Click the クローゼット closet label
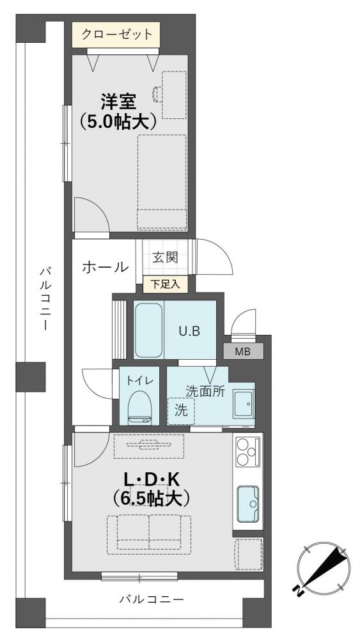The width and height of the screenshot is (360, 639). click(x=116, y=35)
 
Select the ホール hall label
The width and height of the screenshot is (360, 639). click(x=106, y=267)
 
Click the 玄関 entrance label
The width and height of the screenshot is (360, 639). click(x=166, y=257)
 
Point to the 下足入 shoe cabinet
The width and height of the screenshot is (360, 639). click(x=165, y=284)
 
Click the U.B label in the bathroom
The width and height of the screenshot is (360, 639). click(x=189, y=331)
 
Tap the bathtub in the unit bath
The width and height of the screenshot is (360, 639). click(x=149, y=330)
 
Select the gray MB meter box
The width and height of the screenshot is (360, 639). click(x=244, y=351)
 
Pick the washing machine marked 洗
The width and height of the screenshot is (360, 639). click(x=181, y=411)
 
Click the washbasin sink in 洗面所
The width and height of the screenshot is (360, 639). click(x=244, y=403)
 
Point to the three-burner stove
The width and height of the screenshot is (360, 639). click(x=248, y=452)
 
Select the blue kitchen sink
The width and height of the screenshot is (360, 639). click(x=248, y=504)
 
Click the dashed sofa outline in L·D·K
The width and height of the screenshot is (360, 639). click(x=149, y=534)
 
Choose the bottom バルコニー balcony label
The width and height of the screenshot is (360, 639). click(x=152, y=599)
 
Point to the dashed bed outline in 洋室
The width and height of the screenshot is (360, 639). click(x=162, y=183)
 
